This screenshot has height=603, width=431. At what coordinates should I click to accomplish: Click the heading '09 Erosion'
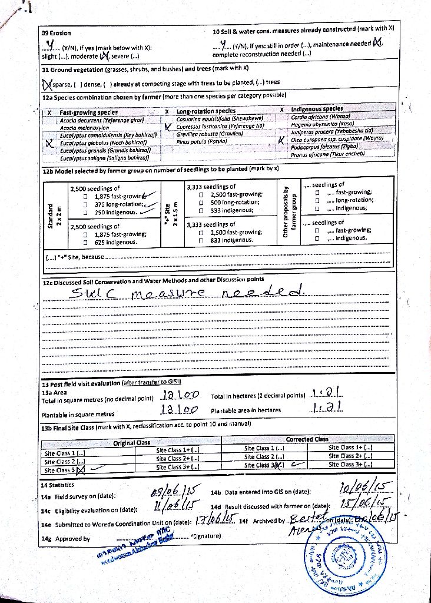coord(56,33)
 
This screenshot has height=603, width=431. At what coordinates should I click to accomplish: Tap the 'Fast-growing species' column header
coord(88,112)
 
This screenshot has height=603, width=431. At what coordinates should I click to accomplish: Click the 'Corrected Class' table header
coord(307,439)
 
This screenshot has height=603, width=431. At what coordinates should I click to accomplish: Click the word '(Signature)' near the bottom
coord(205,536)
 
